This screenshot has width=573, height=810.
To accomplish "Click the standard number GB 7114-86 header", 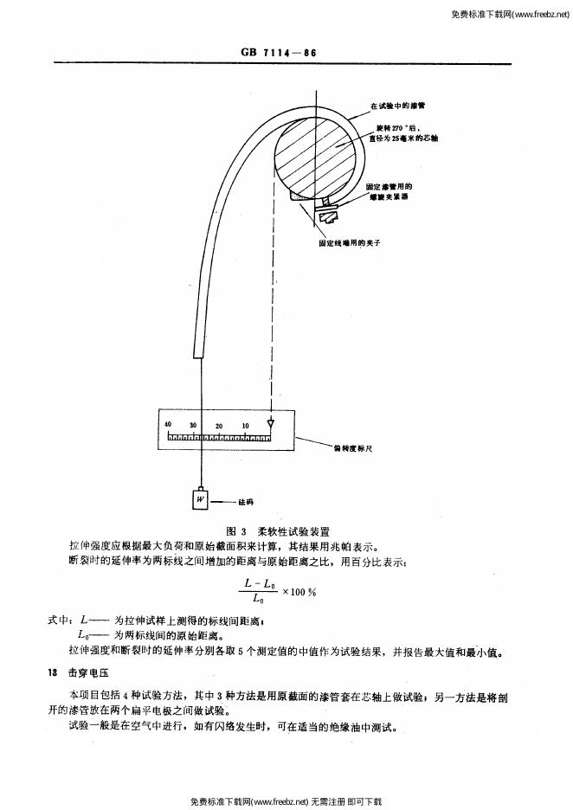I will click(x=278, y=53).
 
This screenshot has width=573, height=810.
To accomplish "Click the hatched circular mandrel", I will click(x=317, y=160).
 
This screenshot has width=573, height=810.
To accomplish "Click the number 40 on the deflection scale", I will click(x=168, y=425).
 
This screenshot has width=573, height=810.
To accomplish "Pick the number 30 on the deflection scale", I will click(x=194, y=425).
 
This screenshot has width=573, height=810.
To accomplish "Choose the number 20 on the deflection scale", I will click(x=220, y=425).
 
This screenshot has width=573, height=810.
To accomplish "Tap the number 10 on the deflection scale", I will click(x=246, y=425).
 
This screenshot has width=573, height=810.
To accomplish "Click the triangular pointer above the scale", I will click(x=271, y=425).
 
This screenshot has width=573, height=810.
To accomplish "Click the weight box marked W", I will click(x=200, y=499).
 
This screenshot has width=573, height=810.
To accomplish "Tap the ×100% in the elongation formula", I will click(x=300, y=594).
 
